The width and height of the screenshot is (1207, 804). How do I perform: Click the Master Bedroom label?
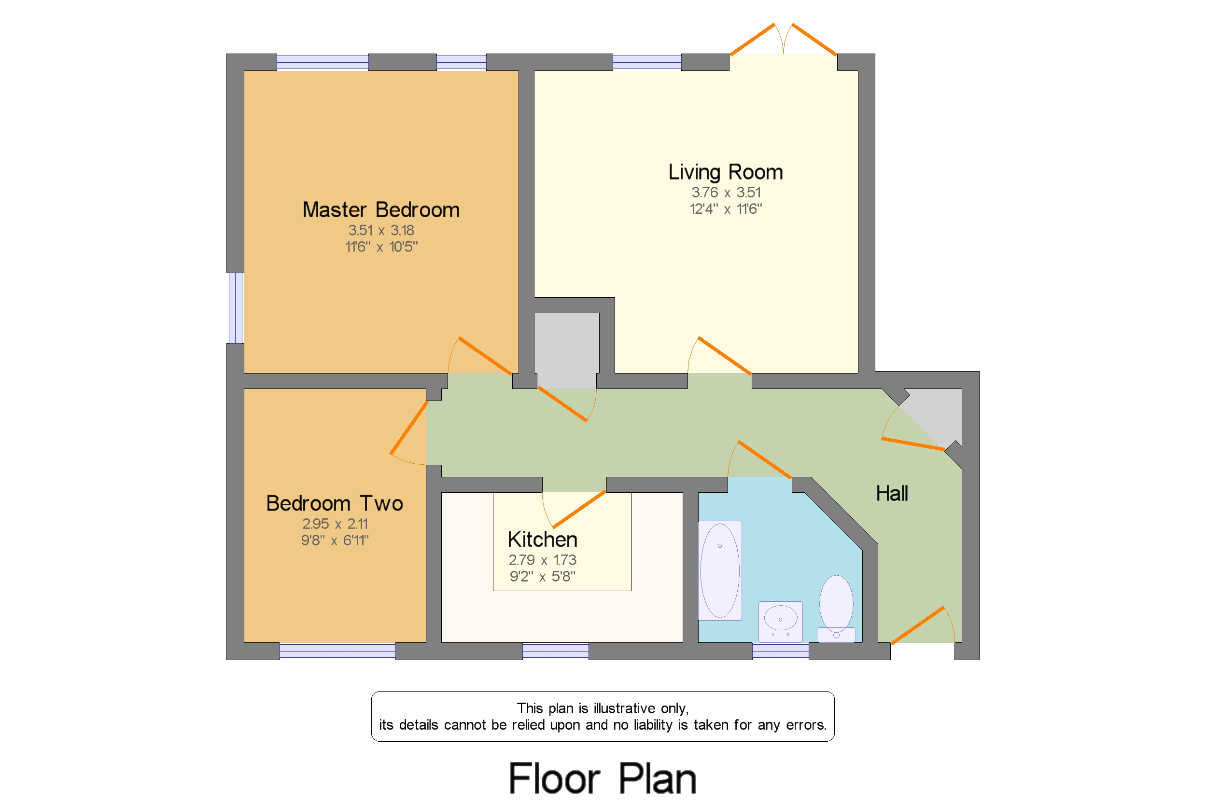pyautogui.click(x=381, y=210)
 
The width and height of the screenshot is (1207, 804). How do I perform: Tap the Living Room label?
pyautogui.click(x=725, y=172)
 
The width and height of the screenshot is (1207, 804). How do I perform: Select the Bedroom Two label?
pyautogui.click(x=335, y=503)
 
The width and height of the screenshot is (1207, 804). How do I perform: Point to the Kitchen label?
pyautogui.click(x=542, y=540)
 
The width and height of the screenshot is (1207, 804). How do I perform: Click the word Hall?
pyautogui.click(x=892, y=493)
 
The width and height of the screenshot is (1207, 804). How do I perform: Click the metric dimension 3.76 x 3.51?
pyautogui.click(x=726, y=192)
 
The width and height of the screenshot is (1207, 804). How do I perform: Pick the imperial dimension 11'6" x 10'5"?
pyautogui.click(x=381, y=247)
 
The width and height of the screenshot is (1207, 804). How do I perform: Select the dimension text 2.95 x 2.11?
pyautogui.click(x=335, y=524)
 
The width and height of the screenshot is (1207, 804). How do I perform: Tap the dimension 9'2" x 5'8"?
pyautogui.click(x=542, y=576)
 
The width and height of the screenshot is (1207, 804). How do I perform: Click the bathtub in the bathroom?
pyautogui.click(x=720, y=571)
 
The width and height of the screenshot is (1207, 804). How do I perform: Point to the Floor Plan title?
pyautogui.click(x=603, y=778)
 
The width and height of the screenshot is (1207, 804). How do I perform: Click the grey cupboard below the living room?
pyautogui.click(x=566, y=351)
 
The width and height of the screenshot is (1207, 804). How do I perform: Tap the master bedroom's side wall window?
pyautogui.click(x=236, y=308)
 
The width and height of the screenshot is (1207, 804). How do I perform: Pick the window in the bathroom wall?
pyautogui.click(x=780, y=651)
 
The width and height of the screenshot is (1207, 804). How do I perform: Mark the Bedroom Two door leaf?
pyautogui.click(x=408, y=428)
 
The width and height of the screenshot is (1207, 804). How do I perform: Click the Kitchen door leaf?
pyautogui.click(x=578, y=509)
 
